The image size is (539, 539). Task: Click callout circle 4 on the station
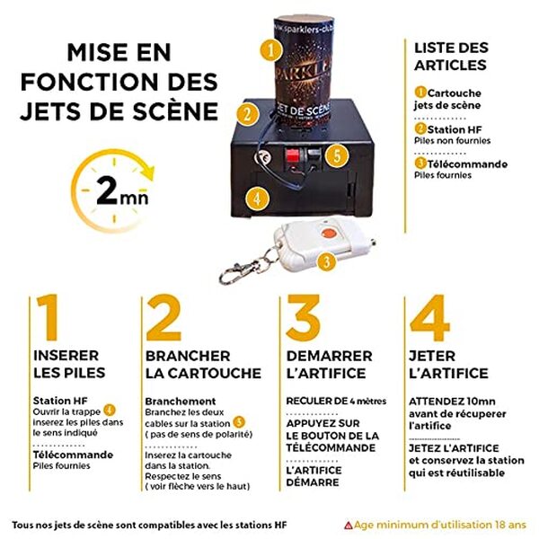(257, 197)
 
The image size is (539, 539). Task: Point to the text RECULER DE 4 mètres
(331, 400)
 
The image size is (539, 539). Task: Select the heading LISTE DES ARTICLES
(450, 56)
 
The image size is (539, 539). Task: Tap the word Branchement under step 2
(180, 401)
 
